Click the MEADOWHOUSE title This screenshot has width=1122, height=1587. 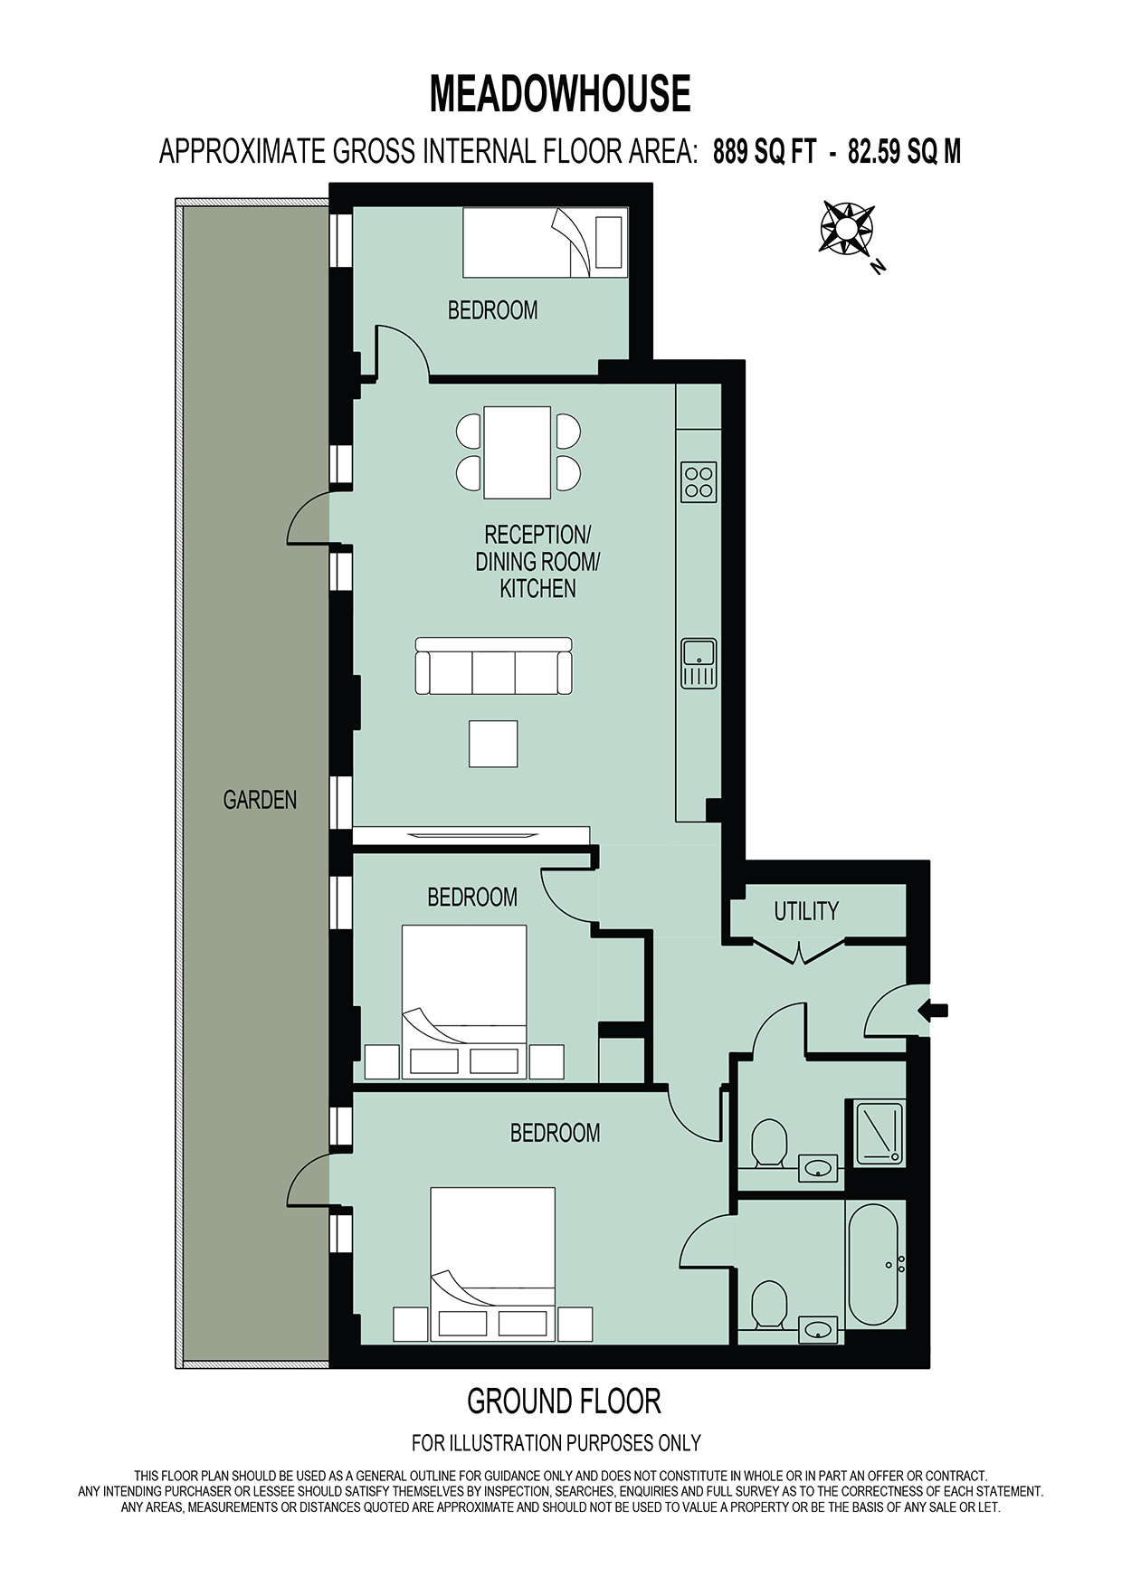(x=560, y=93)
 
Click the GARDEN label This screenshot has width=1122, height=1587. (x=260, y=800)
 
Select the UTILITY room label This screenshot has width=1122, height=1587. (x=806, y=911)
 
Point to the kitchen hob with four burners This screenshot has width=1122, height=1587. (x=699, y=482)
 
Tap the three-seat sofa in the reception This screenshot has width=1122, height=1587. (x=494, y=666)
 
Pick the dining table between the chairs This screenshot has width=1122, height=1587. (x=518, y=452)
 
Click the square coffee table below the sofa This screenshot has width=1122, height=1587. (x=493, y=744)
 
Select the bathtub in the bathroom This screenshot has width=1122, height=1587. (x=873, y=1265)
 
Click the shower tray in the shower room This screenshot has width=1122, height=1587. (x=875, y=1133)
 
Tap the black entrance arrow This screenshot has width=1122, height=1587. (x=934, y=1010)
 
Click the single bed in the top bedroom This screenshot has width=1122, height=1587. (x=546, y=242)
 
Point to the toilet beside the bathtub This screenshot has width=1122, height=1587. (x=769, y=1304)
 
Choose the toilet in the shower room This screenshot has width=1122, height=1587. (x=769, y=1143)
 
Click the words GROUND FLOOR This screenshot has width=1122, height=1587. (x=564, y=1402)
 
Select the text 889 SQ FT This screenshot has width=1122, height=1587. (x=765, y=151)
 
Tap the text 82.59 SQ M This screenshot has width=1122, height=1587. (x=904, y=151)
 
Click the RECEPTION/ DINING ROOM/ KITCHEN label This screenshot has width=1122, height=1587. (x=537, y=562)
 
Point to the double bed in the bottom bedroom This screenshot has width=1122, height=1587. (x=492, y=1264)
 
